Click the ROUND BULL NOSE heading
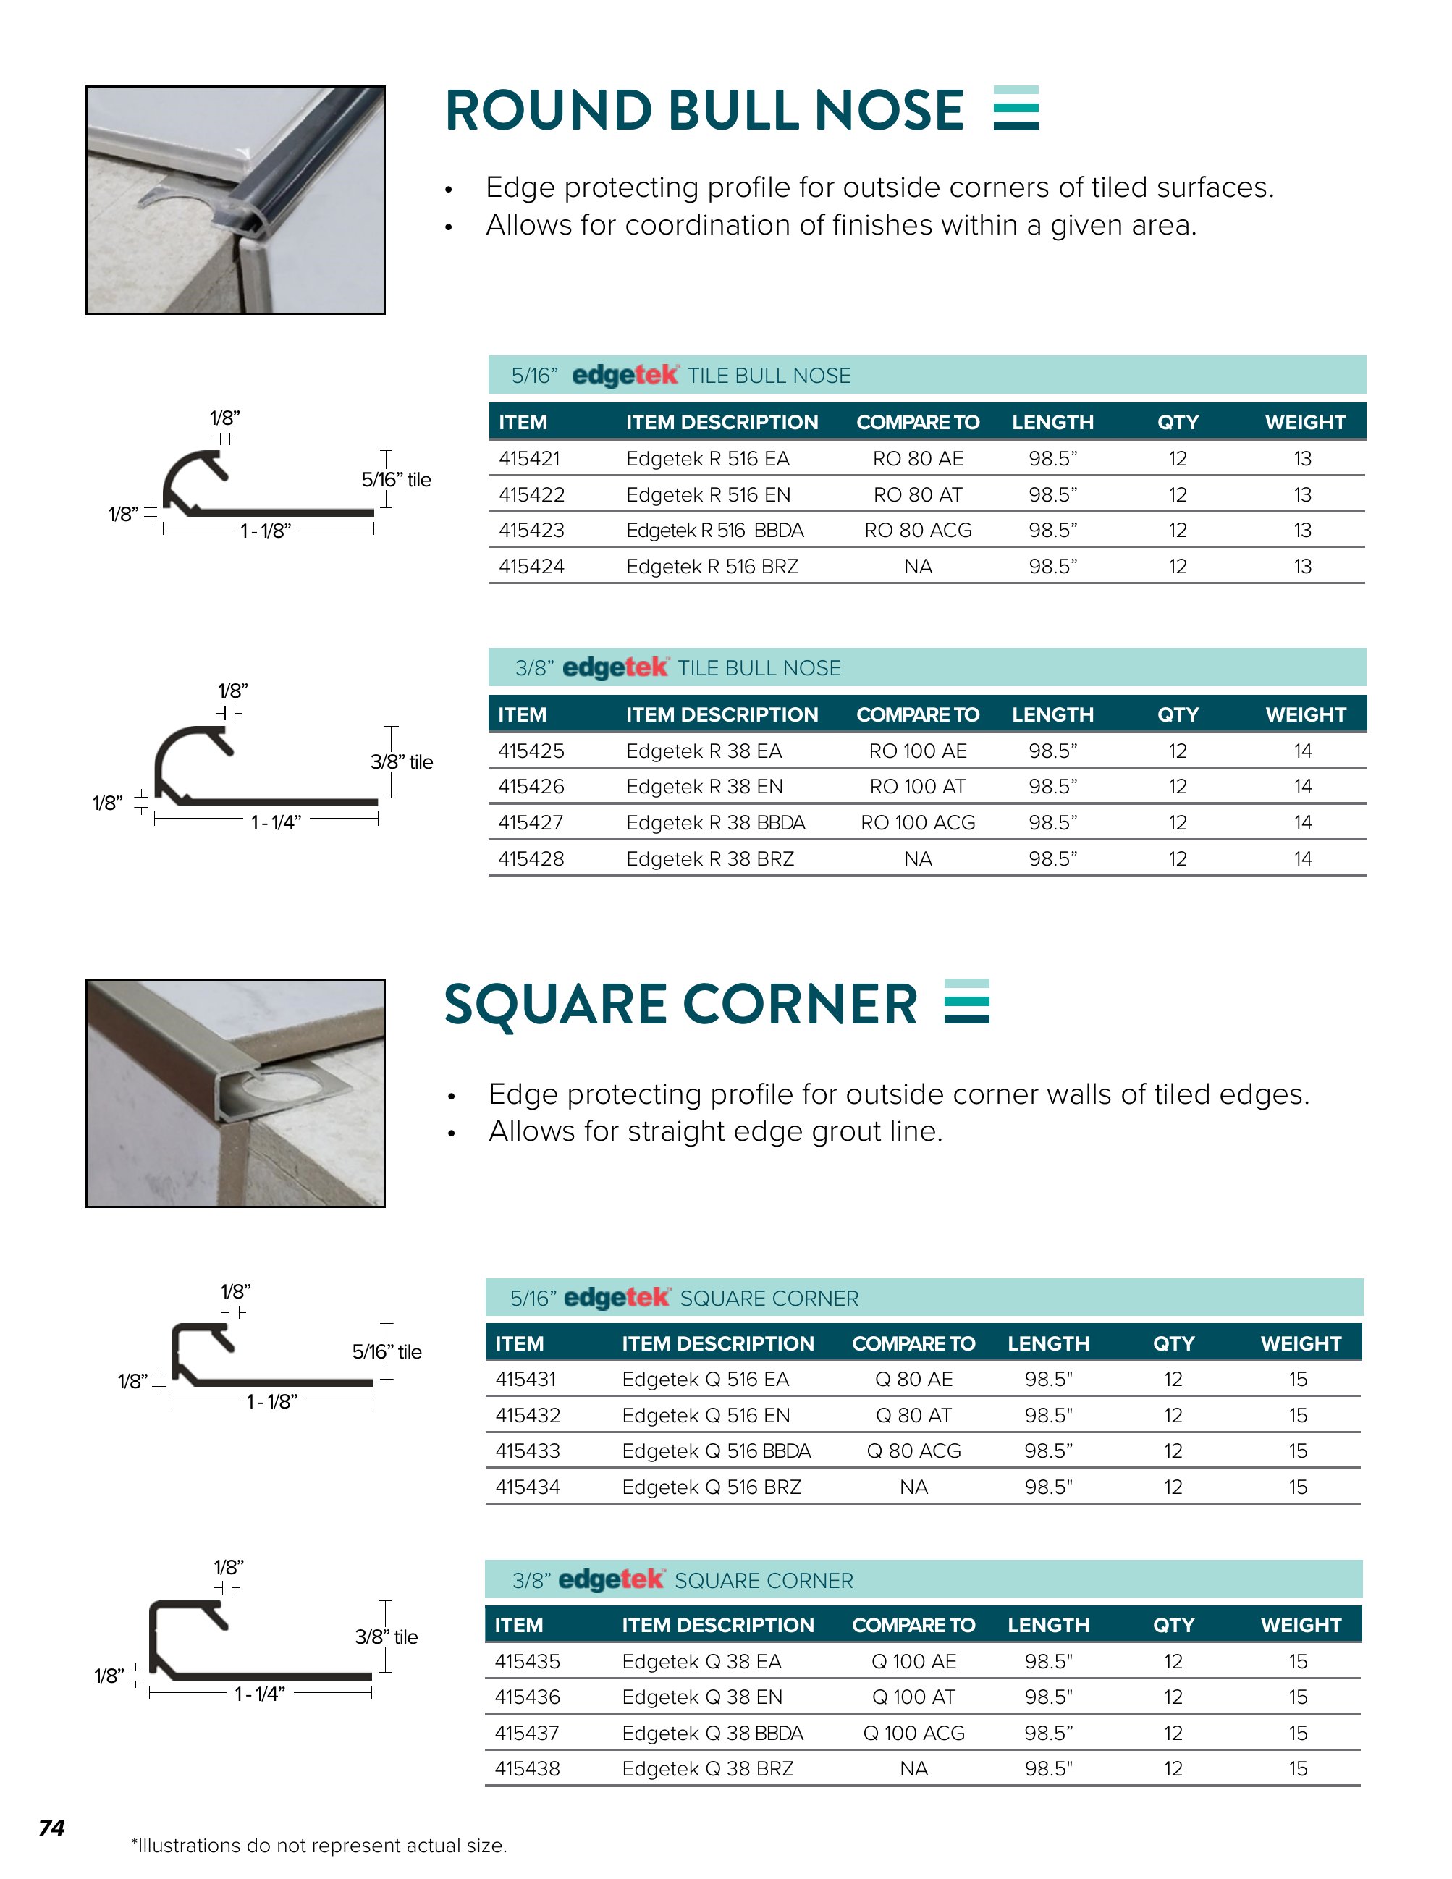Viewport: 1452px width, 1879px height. pos(704,111)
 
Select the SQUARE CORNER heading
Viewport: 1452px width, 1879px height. pos(680,1005)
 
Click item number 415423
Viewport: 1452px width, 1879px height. pos(531,531)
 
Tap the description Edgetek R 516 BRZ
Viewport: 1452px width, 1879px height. pos(712,567)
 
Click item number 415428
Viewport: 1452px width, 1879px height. pos(531,859)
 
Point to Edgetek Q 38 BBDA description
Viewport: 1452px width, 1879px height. pos(712,1734)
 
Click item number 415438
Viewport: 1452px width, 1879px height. pos(527,1770)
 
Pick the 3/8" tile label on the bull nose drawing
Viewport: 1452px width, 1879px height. pos(402,762)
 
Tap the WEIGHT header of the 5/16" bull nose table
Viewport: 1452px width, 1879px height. pos(1305,423)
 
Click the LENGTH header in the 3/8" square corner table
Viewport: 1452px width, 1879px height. pos(1047,1625)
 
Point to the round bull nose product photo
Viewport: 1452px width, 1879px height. pos(236,200)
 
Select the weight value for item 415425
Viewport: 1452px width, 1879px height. pos(1302,752)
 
